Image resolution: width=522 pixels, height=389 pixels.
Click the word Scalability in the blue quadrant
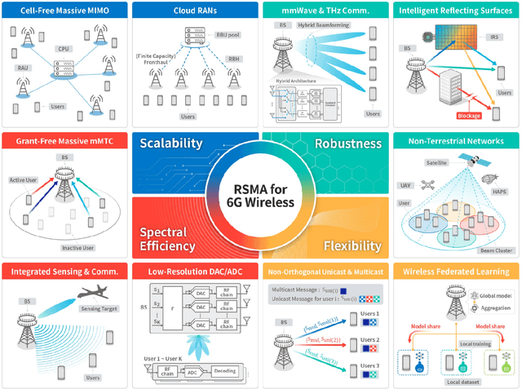(x=170, y=144)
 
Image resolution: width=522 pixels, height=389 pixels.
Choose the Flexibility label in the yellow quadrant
(x=352, y=245)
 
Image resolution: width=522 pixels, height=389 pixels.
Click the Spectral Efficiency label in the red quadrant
(x=166, y=238)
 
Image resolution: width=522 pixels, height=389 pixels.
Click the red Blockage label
(x=474, y=116)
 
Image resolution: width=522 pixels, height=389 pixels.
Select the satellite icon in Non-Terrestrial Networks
(x=467, y=157)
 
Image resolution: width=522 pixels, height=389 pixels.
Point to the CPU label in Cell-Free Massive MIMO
(x=64, y=49)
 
